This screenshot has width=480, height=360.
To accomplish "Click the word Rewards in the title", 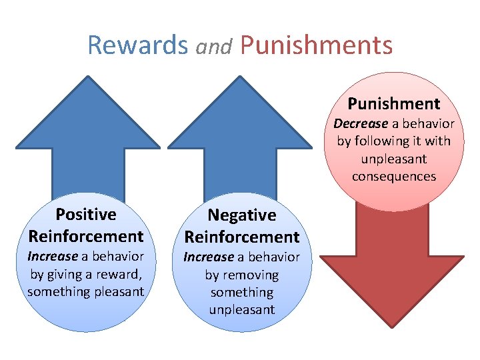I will click(138, 45).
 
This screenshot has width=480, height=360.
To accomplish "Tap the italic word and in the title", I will click(214, 47).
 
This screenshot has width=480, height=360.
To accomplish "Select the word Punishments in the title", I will click(316, 45).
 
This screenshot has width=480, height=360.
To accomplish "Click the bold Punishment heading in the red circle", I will click(393, 103).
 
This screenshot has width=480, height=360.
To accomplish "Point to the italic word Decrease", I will click(361, 123).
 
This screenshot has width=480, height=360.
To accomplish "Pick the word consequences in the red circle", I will click(393, 177).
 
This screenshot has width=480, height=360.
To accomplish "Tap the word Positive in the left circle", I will click(86, 214).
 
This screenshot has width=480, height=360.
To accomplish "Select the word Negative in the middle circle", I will click(241, 215).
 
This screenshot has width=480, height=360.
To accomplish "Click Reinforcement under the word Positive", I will click(86, 236).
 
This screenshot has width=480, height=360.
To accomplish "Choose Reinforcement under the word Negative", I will click(241, 237).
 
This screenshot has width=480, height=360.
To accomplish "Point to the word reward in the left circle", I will click(118, 274).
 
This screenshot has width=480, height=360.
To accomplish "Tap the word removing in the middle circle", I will click(251, 275).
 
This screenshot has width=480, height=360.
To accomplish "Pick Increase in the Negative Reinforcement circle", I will click(209, 257).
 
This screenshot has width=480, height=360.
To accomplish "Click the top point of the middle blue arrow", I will click(240, 77).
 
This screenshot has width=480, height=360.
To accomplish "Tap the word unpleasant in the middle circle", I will click(241, 309).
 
